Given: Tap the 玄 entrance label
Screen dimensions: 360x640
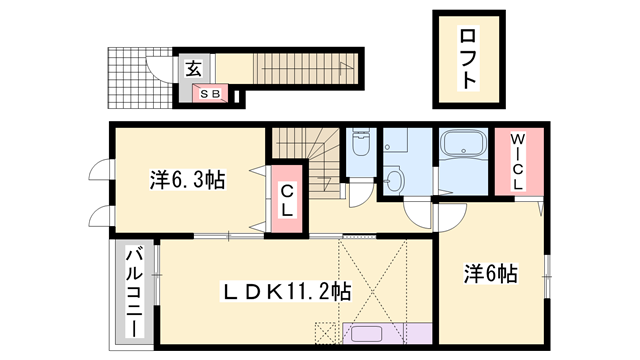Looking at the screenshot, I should click(192, 69).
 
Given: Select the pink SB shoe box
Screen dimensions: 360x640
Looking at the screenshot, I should click(210, 94).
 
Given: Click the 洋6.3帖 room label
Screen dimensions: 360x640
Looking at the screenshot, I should click(187, 181).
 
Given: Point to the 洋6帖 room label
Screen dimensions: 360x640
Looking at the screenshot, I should click(490, 272).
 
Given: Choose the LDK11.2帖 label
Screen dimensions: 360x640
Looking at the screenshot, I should click(284, 292).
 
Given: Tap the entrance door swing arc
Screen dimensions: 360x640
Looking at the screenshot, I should click(160, 69).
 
